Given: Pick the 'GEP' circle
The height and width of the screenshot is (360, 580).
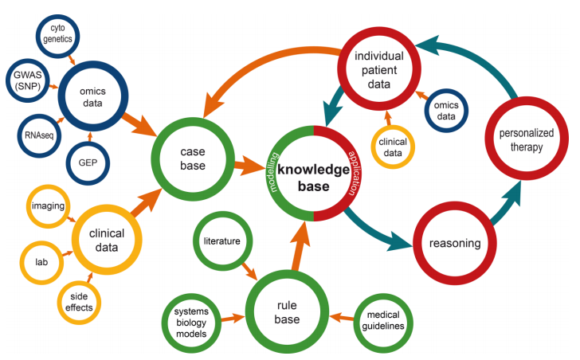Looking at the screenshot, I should (x=88, y=162).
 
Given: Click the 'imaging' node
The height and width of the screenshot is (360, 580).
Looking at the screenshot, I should (x=48, y=206).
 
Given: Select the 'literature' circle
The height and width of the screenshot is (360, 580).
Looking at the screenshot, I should (x=221, y=240).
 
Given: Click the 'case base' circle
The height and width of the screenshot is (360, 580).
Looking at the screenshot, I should (x=193, y=158).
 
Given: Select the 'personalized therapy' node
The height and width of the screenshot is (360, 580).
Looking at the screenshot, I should (x=524, y=140).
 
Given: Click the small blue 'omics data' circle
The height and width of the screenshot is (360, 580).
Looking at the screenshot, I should (x=446, y=111).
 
